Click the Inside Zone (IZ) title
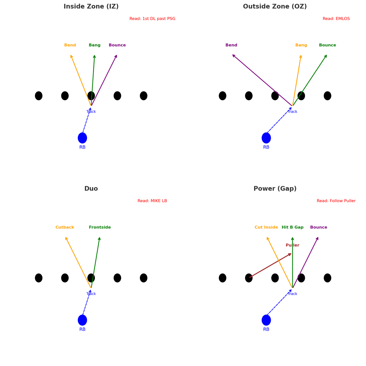point(91,7)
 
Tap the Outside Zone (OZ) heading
point(275,7)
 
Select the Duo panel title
point(91,189)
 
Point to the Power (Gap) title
point(275,189)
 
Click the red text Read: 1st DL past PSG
point(152,19)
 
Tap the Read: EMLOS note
point(336,19)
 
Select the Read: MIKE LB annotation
point(152,201)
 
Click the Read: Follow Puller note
point(336,201)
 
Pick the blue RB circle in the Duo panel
point(82,320)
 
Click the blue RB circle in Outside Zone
point(266,138)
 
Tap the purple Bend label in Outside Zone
point(231,45)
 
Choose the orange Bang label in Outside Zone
point(301,45)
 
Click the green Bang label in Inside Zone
point(95,45)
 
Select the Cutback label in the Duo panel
point(65,227)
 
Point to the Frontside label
point(100,227)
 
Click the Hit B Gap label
point(293,227)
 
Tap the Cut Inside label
point(266,227)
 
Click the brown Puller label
point(293,245)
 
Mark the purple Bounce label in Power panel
point(319,227)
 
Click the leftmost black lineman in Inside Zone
point(39,96)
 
